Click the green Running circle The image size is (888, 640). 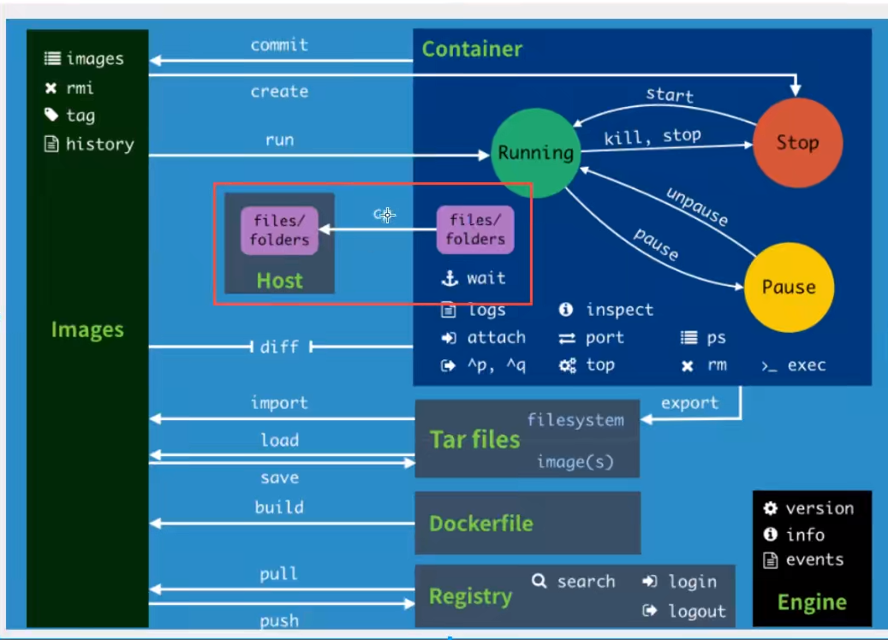coord(536,153)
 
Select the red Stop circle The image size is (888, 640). coord(797,143)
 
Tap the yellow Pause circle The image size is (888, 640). coord(789,287)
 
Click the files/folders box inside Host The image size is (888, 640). coord(279,230)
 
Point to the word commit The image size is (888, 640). coord(279,44)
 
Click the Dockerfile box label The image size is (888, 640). coord(480,524)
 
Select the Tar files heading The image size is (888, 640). coord(474,440)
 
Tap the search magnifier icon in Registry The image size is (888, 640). coord(539,581)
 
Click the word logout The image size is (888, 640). coord(696,611)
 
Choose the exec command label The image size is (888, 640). coord(807,365)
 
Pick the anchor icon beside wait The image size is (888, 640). coord(450,278)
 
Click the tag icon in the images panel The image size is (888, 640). coord(51,115)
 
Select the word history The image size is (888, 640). coord(99,145)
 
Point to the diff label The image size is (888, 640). coord(279,347)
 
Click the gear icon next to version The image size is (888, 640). coord(770,508)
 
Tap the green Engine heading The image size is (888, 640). coord(812,602)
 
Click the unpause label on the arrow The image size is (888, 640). coord(697,206)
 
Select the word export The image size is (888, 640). coord(690,403)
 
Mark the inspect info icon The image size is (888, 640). coord(566,309)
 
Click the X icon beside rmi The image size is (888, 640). coord(51,88)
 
